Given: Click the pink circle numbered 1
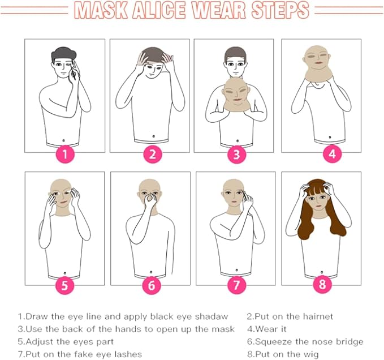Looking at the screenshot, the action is tap(64, 154).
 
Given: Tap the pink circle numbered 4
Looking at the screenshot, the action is tap(332, 154).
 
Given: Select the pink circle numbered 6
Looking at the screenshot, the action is tap(152, 285).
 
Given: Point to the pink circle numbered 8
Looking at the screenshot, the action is tap(322, 284).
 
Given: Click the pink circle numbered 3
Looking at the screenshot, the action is tap(236, 154).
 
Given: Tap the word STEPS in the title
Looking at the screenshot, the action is tap(280, 10).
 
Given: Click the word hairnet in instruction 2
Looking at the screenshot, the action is tap(318, 316).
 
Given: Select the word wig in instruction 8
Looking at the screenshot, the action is tap(312, 354).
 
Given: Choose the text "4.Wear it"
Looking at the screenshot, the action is tap(267, 329).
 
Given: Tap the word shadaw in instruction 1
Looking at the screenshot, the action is tap(212, 316).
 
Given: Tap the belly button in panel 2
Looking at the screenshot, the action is tap(154, 136).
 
